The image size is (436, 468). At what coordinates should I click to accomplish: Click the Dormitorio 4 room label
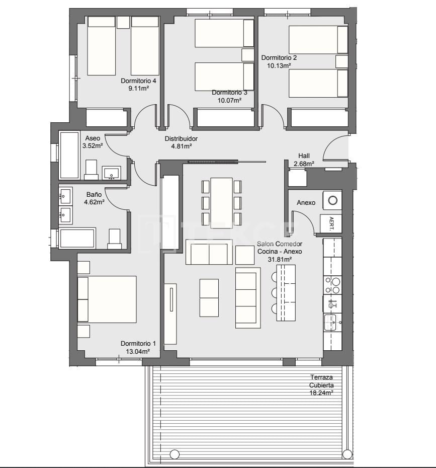click(x=138, y=81)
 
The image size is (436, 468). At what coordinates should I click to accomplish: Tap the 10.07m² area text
click(x=229, y=100)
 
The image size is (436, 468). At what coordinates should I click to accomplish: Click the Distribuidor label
click(x=181, y=139)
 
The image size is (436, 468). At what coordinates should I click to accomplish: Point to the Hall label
click(x=304, y=156)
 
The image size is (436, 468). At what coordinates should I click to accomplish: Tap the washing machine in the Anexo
click(x=332, y=200)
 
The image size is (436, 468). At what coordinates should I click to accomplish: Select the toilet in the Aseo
click(x=91, y=170)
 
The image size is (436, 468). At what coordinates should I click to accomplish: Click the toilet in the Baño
click(x=115, y=239)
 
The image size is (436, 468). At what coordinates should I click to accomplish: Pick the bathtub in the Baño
click(x=77, y=238)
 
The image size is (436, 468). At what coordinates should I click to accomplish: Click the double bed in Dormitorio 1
click(x=107, y=299)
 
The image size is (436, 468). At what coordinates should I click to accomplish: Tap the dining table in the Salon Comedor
click(x=221, y=201)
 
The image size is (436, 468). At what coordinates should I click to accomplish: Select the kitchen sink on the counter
click(x=330, y=322)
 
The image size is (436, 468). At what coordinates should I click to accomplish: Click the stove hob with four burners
click(x=332, y=285)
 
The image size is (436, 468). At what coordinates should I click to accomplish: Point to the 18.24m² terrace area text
click(x=322, y=394)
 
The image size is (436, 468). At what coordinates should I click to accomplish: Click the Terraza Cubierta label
click(x=322, y=381)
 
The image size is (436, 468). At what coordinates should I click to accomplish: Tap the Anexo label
click(x=306, y=203)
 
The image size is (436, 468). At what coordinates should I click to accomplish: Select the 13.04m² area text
click(x=138, y=351)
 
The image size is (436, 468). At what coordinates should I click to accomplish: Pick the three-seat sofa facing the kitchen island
click(x=248, y=297)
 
